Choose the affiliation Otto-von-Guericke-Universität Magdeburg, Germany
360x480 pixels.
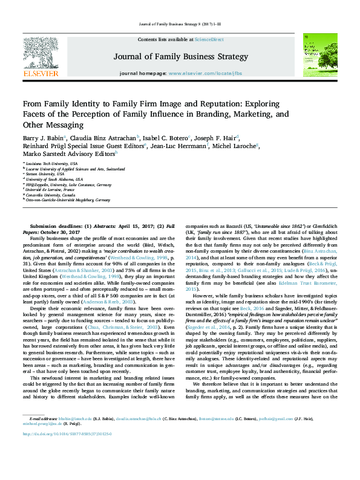(x=69, y=199)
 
